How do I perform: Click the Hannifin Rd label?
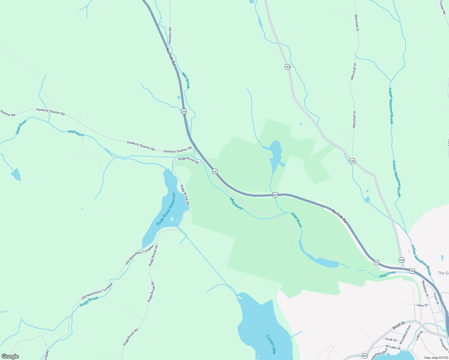[x=170, y=36]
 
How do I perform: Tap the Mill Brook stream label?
[x=186, y=80]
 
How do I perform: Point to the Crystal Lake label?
[x=271, y=344]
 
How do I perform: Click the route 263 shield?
[x=365, y=356]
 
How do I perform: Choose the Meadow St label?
[x=425, y=287]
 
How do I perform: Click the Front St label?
[x=436, y=298]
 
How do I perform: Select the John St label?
[x=422, y=305]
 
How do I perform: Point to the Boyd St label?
[x=399, y=325]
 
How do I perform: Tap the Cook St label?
[x=391, y=340]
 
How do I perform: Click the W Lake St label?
[x=393, y=347]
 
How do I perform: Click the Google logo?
[x=10, y=356]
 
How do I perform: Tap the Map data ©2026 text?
[x=436, y=358]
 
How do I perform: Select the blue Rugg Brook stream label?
[x=89, y=301]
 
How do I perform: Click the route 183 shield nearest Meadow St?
[x=402, y=260]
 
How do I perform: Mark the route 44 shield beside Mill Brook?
[x=184, y=111]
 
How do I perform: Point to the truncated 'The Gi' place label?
[x=443, y=273]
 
